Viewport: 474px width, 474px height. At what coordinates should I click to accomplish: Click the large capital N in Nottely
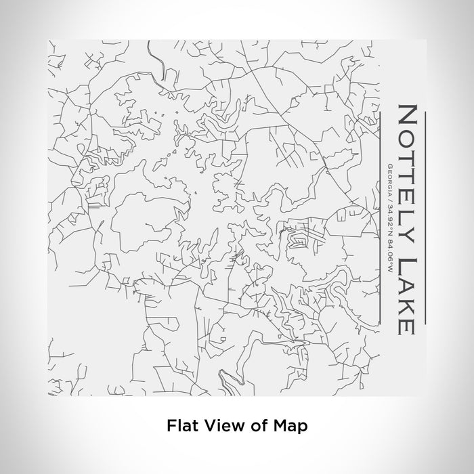(x=407, y=116)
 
